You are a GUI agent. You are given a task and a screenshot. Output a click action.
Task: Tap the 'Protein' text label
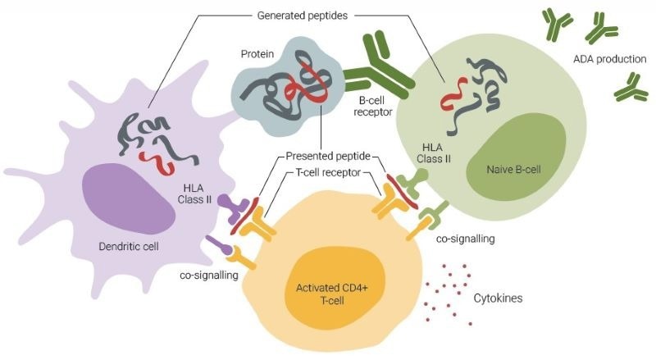point(257,53)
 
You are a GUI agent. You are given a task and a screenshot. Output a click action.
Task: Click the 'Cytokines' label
point(498,298)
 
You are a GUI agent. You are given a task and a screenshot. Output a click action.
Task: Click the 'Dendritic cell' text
point(130,245)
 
